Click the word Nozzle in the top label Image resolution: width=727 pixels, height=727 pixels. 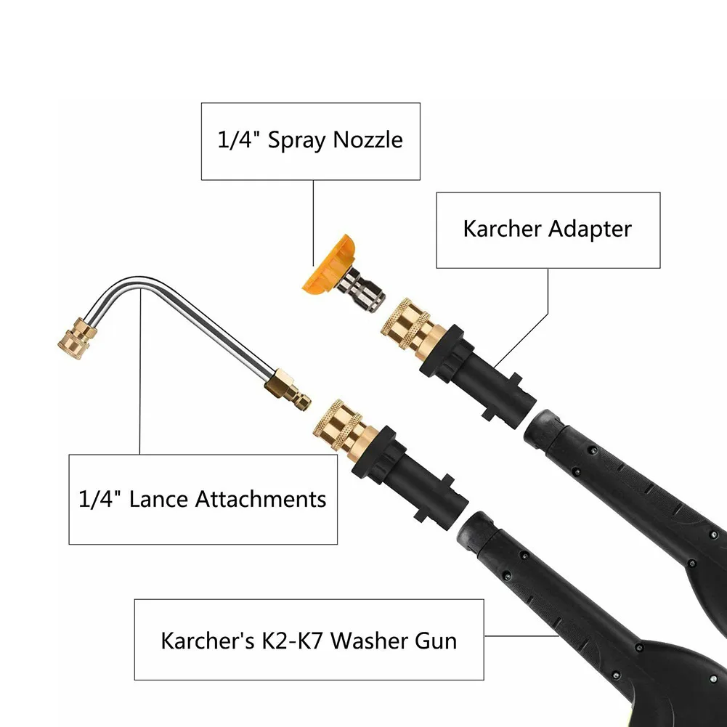pos(367,139)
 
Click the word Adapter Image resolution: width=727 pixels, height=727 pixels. pos(590,230)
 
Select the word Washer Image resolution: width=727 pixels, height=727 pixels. pos(375,641)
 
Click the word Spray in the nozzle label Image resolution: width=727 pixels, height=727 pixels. pos(297,139)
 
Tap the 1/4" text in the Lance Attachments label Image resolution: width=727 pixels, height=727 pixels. pos(97,499)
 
